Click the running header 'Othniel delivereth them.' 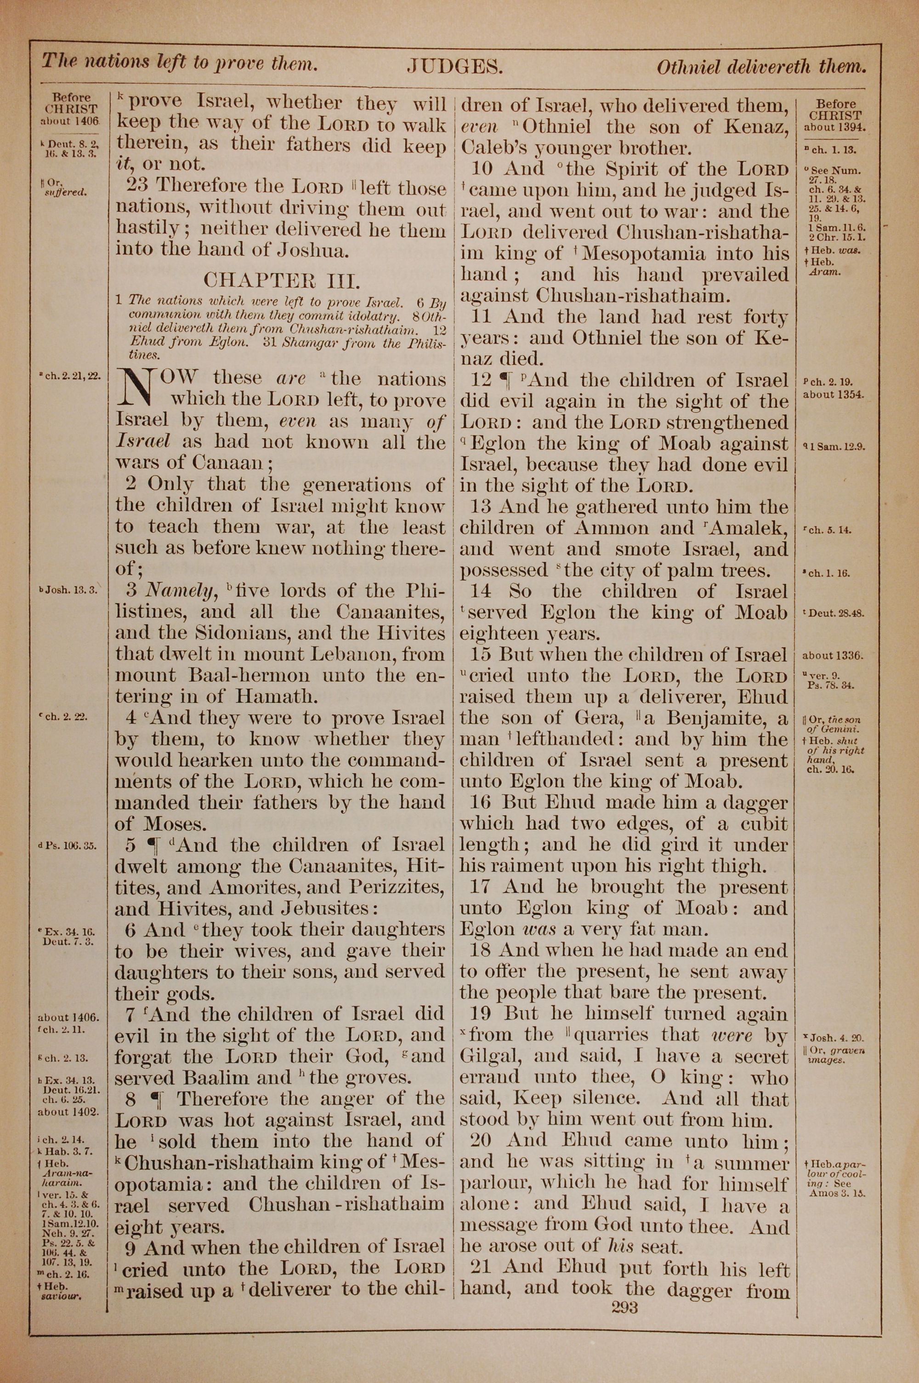click(761, 67)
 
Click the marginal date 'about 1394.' click(834, 126)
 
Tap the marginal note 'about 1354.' click(833, 394)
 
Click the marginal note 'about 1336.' click(833, 656)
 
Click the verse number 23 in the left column click(137, 186)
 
